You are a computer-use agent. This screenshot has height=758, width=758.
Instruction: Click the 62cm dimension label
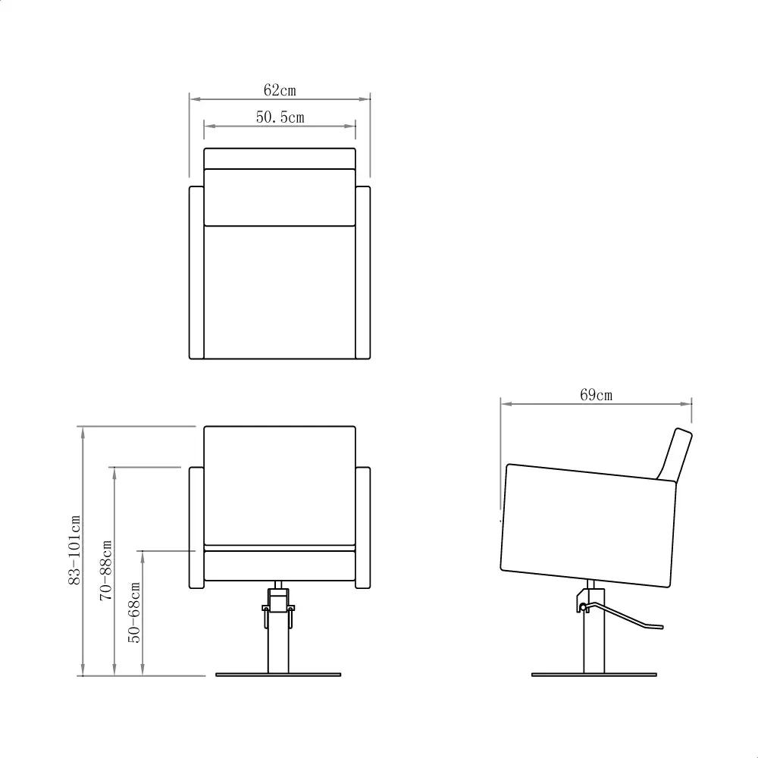click(280, 90)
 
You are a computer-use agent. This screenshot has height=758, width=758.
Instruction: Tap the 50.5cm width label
click(280, 117)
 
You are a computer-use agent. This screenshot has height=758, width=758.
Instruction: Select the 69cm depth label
click(597, 395)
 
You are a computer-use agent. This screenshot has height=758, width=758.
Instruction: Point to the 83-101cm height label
click(74, 550)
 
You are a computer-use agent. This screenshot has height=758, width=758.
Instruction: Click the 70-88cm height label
click(106, 571)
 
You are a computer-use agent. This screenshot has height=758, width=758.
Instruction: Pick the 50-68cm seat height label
click(136, 612)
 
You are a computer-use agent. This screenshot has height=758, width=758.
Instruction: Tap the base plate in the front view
click(280, 674)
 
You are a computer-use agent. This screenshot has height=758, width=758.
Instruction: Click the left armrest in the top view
click(196, 272)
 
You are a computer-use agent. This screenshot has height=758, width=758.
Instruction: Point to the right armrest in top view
click(362, 272)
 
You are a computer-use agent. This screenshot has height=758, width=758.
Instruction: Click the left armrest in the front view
click(196, 528)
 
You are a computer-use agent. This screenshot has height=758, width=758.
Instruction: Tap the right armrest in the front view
click(362, 528)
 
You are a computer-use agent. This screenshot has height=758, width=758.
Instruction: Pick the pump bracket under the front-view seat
click(277, 606)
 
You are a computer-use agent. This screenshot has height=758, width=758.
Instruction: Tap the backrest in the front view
click(280, 485)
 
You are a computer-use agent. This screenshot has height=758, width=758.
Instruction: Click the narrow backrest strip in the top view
click(280, 158)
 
